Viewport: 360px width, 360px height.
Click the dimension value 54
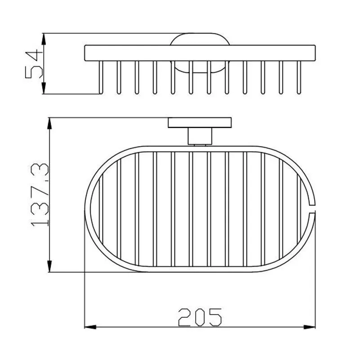(34, 65)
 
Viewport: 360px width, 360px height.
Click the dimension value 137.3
(40, 195)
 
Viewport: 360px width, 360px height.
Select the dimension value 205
(200, 317)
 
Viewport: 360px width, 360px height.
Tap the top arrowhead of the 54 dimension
(44, 39)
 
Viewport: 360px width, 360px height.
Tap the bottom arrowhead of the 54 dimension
(44, 88)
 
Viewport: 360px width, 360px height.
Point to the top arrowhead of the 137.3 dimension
(49, 124)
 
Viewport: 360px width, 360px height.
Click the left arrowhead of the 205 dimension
(90, 327)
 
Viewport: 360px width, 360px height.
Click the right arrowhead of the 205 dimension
(309, 327)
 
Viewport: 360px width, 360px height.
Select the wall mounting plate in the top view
(200, 123)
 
